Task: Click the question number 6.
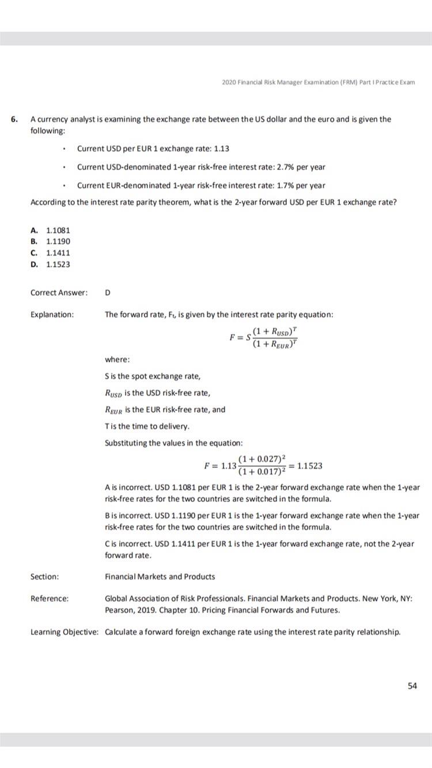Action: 14,119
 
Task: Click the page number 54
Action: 412,686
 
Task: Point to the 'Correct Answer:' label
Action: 59,292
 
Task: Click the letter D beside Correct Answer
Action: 108,292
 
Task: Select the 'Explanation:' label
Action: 52,315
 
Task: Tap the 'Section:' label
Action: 44,576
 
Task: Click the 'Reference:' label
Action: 50,598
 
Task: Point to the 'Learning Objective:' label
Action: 64,632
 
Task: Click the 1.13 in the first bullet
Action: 221,149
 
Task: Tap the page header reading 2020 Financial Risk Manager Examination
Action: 318,82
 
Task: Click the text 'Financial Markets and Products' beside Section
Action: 160,576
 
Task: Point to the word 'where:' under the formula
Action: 118,359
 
